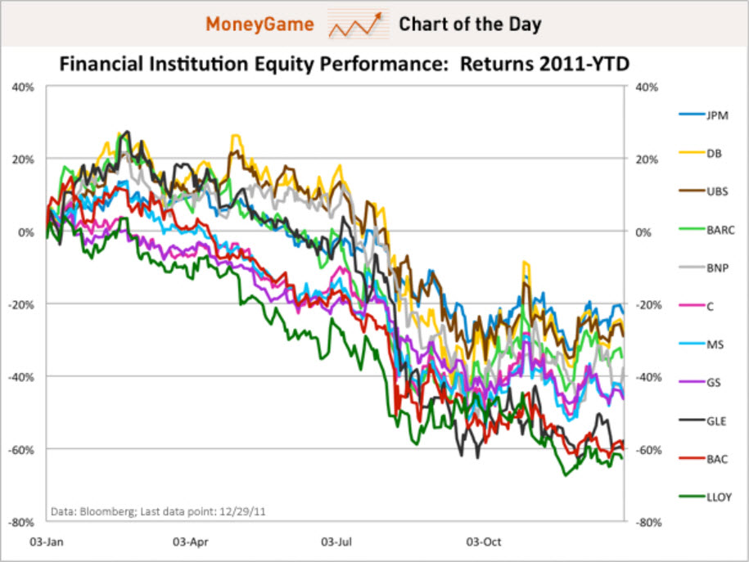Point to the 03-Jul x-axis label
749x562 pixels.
coord(336,542)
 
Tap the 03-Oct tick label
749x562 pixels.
coord(482,542)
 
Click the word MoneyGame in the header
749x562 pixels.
coord(259,25)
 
